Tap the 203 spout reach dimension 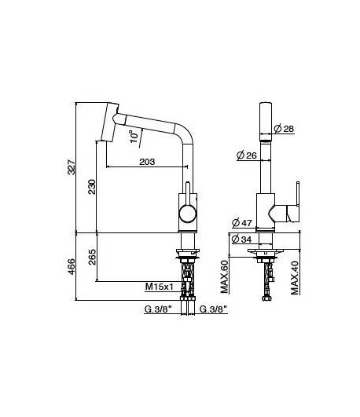click(x=146, y=162)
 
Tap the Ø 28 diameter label click(x=283, y=128)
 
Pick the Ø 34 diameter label click(x=241, y=238)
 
